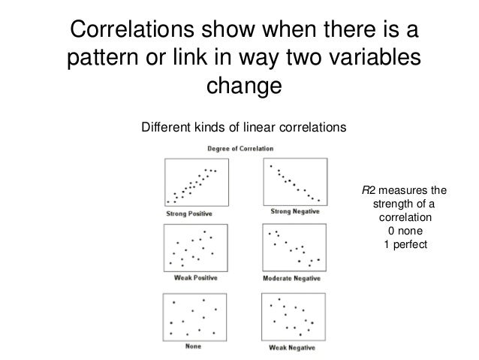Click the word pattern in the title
[x=103, y=59]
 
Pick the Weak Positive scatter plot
[x=191, y=249]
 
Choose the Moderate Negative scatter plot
[x=296, y=249]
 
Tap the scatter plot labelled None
[x=191, y=316]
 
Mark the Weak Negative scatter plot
[x=296, y=316]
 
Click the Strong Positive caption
[x=188, y=213]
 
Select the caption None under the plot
[x=192, y=347]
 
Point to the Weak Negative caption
[x=296, y=347]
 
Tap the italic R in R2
[x=366, y=192]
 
